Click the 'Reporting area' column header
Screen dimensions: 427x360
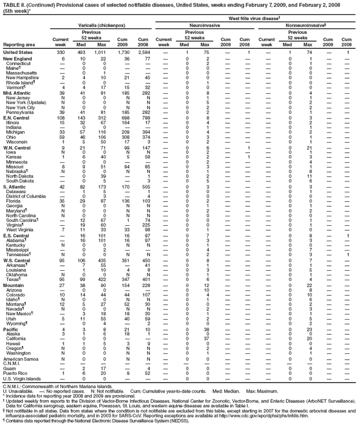19,44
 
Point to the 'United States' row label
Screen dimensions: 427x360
19,52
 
